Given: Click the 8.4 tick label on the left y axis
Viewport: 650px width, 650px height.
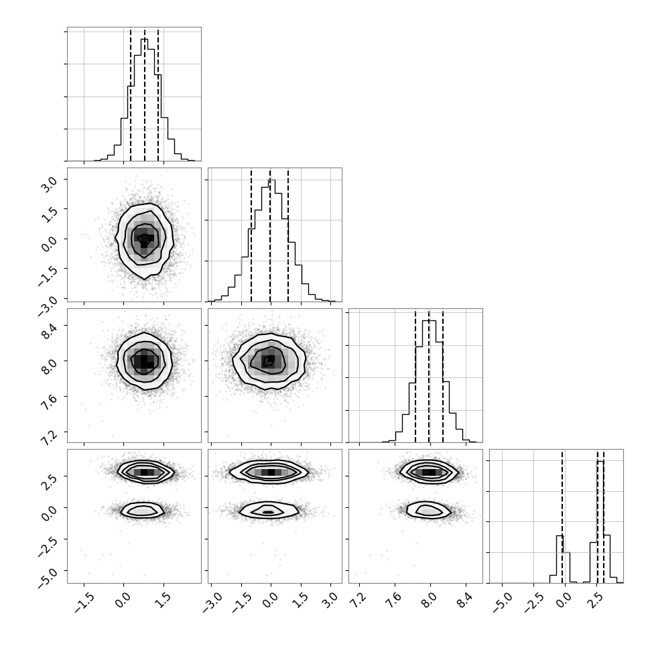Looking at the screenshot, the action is pos(48,330).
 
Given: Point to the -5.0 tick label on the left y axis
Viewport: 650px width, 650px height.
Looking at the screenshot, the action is pos(48,577).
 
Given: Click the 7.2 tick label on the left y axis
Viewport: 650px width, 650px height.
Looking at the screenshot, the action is pos(48,437).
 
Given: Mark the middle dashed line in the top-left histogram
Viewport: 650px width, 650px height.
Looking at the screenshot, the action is pos(145,95).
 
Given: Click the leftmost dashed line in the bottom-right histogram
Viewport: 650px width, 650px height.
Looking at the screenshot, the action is pos(562,516).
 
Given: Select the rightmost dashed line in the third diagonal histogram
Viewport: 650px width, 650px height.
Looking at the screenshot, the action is pos(443,376).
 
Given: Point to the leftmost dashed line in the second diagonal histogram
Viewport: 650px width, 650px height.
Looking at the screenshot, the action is pos(251,235).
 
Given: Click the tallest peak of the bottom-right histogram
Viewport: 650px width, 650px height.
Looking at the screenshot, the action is pos(600,461).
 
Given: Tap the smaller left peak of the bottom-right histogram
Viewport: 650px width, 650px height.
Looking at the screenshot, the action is pos(560,535).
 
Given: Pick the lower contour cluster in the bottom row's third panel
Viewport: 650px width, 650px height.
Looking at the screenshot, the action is pos(428,510).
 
